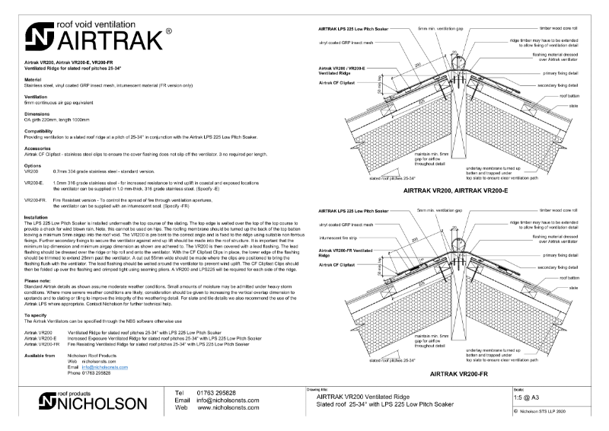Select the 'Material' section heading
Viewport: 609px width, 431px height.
32,79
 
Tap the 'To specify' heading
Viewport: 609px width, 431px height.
35,314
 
